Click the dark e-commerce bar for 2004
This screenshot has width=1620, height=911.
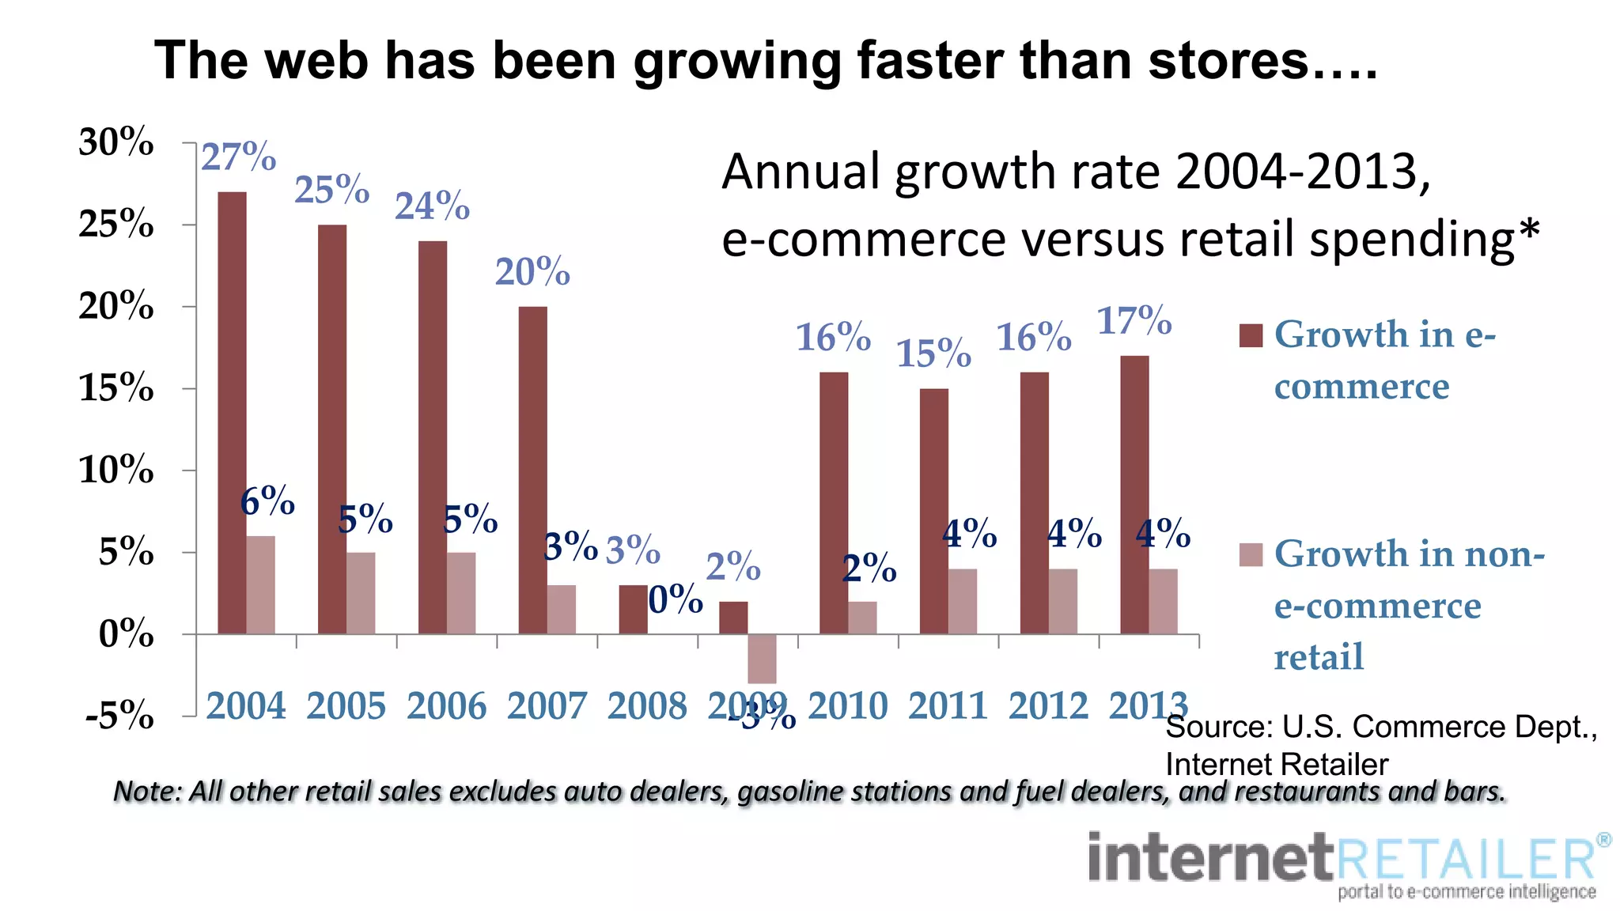point(232,411)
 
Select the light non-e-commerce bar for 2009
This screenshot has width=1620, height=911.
point(762,658)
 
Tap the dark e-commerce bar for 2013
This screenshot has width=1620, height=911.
point(1134,494)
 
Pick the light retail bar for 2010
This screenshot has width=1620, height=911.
point(862,618)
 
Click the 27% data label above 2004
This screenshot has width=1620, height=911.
point(238,157)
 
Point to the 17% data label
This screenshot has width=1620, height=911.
point(1134,321)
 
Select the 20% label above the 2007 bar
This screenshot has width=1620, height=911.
point(532,272)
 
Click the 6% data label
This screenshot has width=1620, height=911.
point(267,501)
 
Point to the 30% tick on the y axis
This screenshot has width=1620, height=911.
point(116,143)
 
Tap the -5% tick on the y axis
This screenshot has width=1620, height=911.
point(119,716)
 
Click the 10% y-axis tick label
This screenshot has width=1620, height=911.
point(116,471)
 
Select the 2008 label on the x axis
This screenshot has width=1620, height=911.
point(647,706)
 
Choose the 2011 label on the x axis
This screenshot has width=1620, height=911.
point(948,706)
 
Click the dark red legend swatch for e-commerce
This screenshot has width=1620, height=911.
point(1251,335)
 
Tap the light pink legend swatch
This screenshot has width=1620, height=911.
point(1251,554)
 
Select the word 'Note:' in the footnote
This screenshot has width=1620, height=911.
point(147,792)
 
